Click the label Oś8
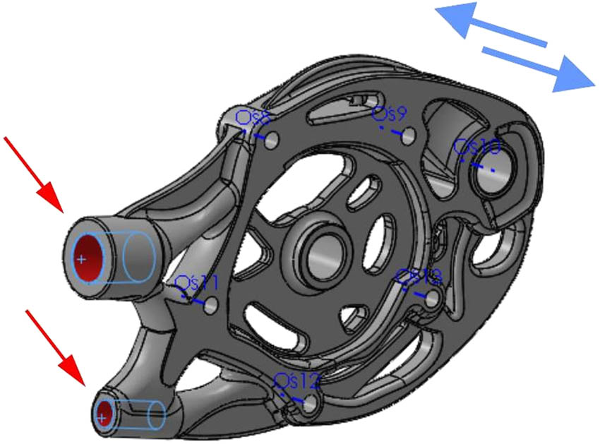point(251,116)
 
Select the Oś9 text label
point(390,113)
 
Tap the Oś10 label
point(478,148)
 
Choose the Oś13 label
point(419,276)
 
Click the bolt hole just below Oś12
point(311,404)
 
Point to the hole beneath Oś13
point(431,300)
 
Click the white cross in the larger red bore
point(83,260)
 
